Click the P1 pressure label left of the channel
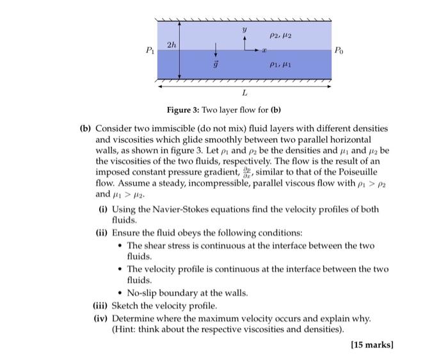[x=150, y=49]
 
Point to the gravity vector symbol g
[x=216, y=65]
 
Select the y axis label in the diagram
[x=244, y=29]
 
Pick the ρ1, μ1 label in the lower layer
[x=280, y=64]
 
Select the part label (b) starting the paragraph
[x=86, y=129]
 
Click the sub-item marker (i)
[x=102, y=209]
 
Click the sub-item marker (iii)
[x=100, y=306]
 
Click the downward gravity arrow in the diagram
[x=216, y=49]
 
